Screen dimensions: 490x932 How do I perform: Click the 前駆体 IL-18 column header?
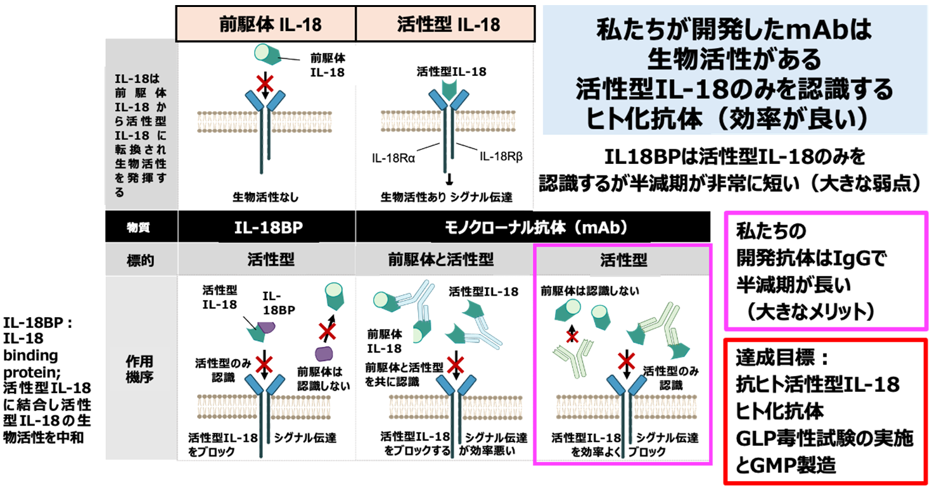tap(267, 23)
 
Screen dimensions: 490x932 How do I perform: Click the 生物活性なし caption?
tap(267, 196)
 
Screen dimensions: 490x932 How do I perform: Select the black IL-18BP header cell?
tap(267, 227)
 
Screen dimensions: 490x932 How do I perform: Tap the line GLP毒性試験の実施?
tap(824, 438)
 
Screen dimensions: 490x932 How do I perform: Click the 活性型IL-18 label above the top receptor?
tap(452, 72)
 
